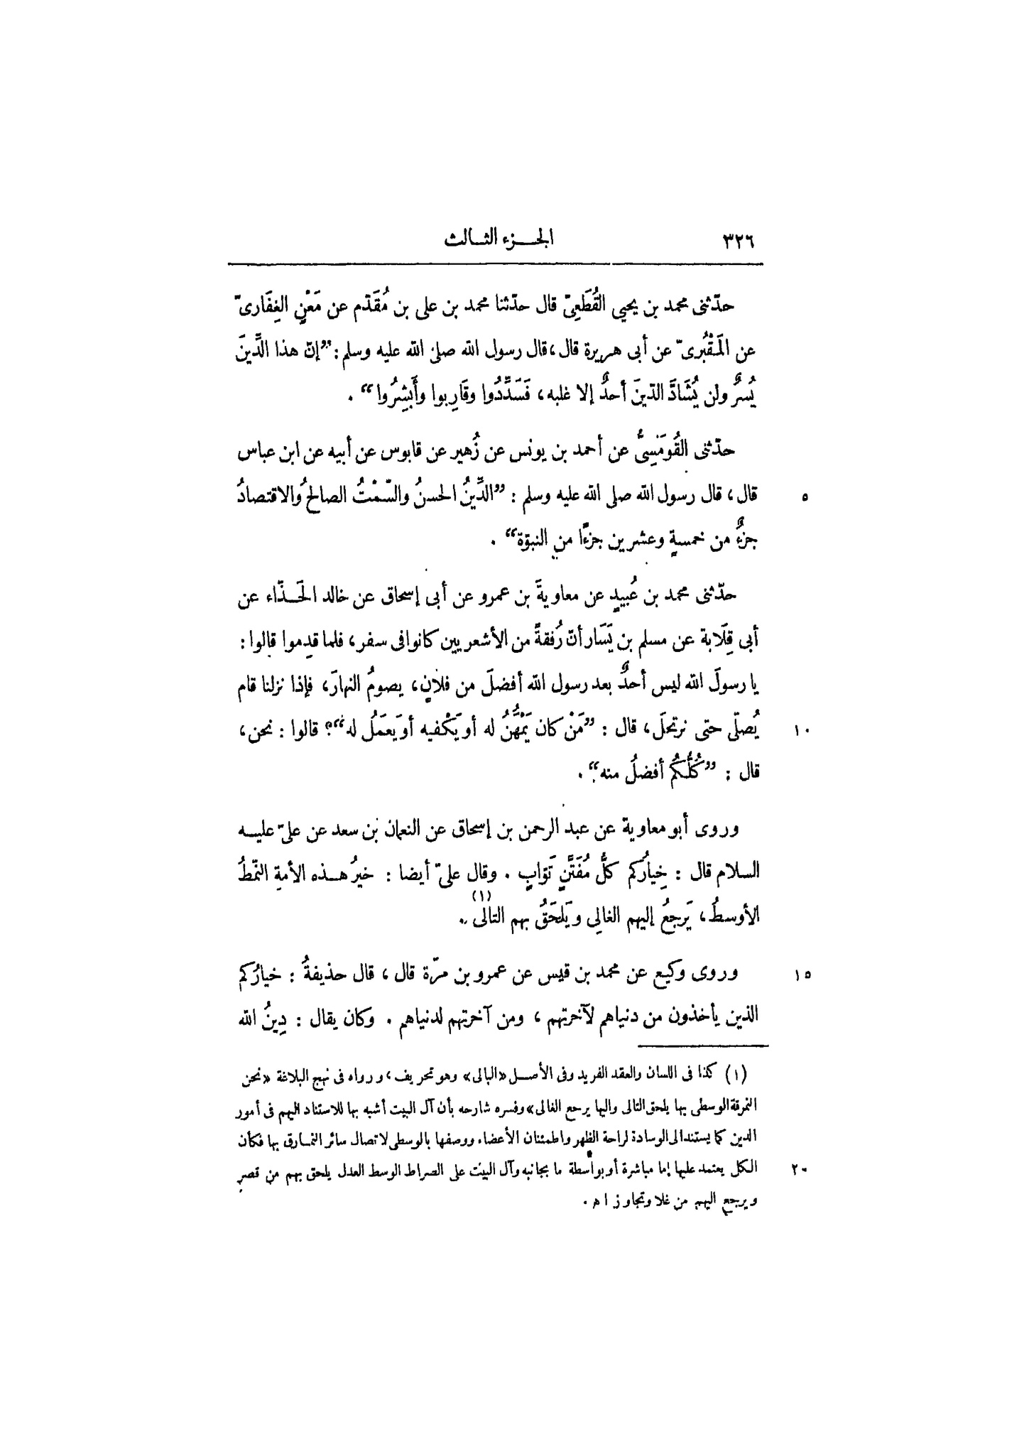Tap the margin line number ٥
(804, 499)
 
